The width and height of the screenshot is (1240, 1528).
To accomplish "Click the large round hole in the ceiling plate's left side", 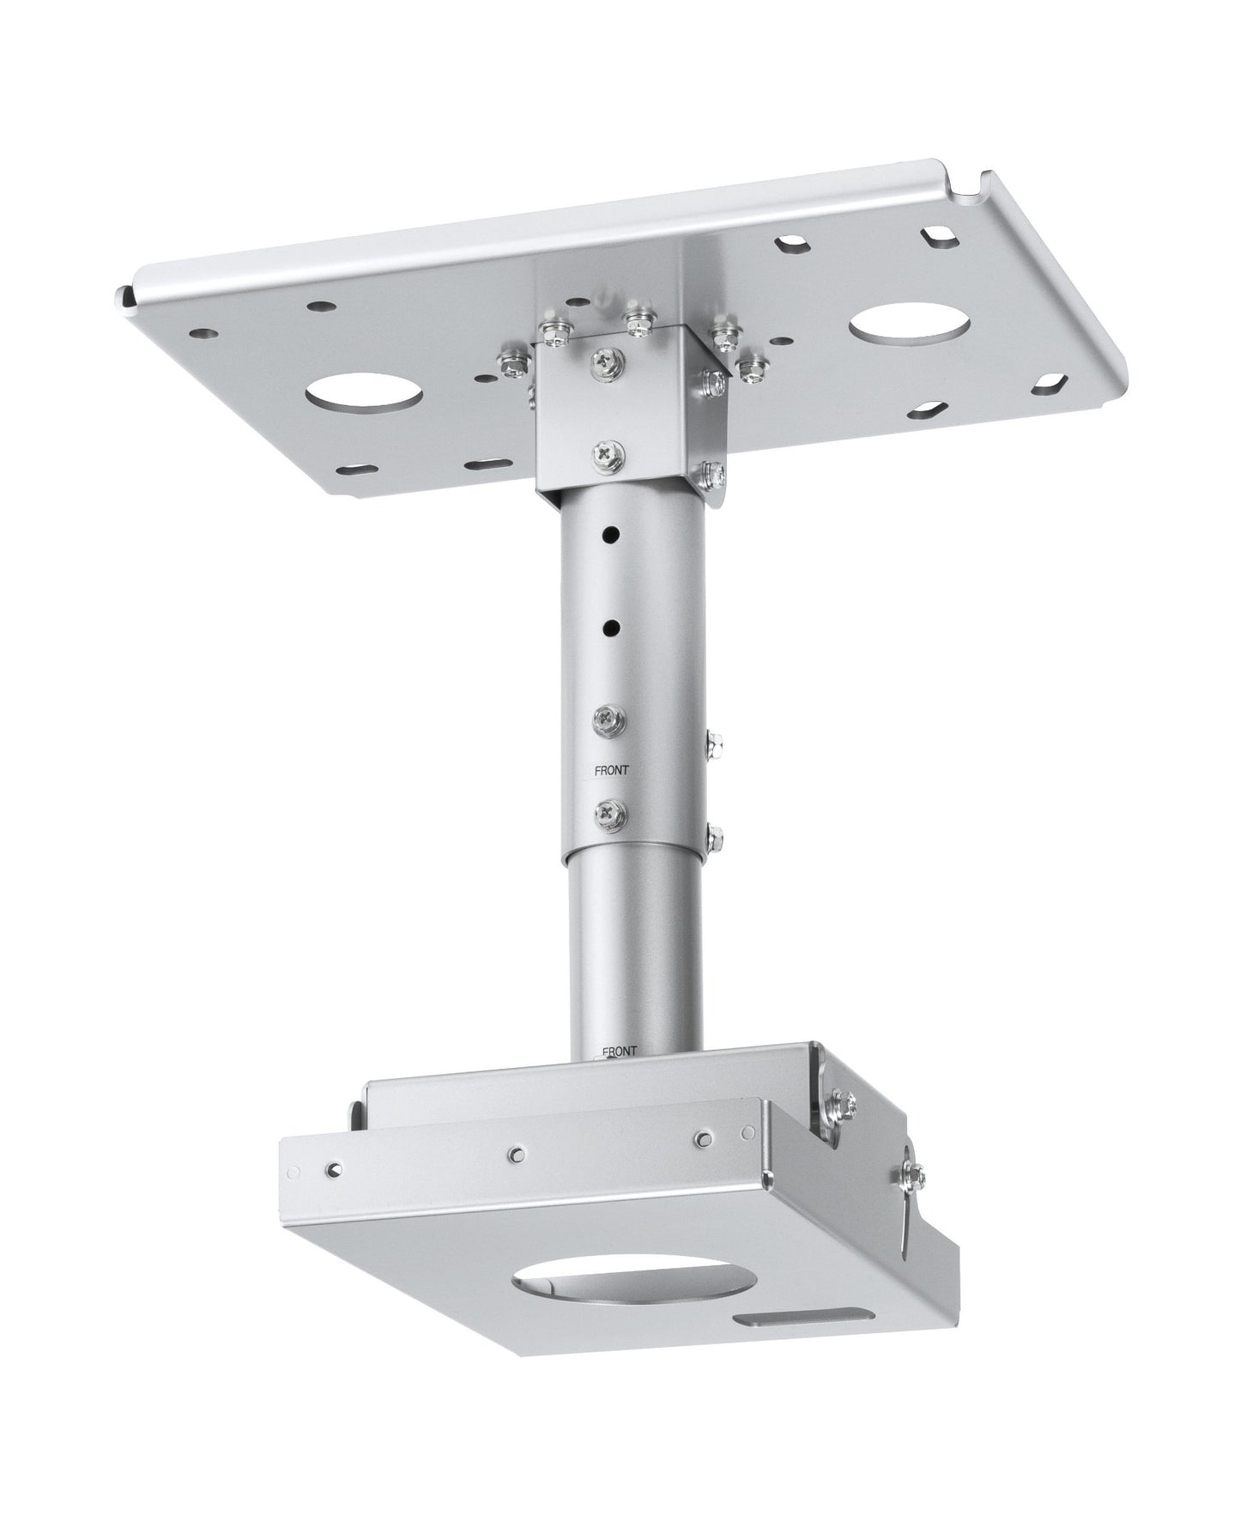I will (x=364, y=395).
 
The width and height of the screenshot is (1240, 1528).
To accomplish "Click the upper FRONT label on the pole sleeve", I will (x=612, y=771).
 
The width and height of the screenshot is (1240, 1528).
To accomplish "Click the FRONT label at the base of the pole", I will (x=620, y=1051).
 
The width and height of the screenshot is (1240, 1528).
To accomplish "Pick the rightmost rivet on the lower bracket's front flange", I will (x=703, y=1138).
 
